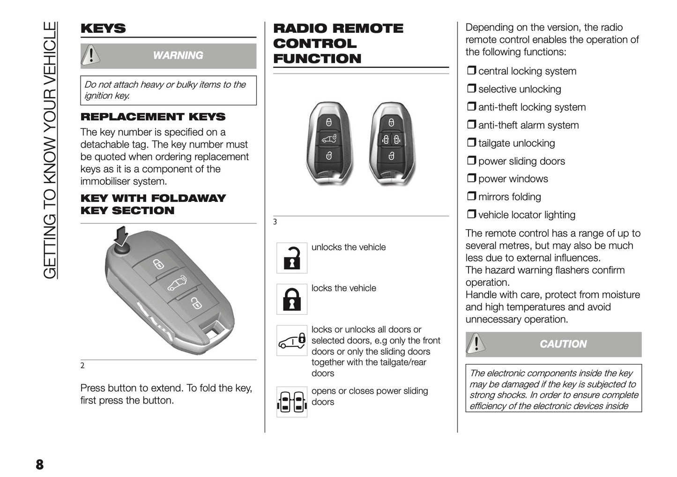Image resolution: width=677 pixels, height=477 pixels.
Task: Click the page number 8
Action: (x=39, y=464)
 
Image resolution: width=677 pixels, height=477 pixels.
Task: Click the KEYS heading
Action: (x=103, y=29)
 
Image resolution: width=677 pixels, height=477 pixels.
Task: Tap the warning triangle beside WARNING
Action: (x=90, y=55)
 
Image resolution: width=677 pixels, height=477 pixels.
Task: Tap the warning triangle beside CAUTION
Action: (x=476, y=343)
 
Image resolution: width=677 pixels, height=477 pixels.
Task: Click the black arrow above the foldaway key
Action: (x=121, y=236)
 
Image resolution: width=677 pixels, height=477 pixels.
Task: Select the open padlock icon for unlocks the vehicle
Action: (x=292, y=258)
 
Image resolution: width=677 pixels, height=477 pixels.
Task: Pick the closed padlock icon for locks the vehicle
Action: (x=292, y=299)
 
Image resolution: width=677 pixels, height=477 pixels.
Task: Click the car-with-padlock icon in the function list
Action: (x=292, y=341)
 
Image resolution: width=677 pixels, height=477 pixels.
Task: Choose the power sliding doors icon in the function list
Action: (x=292, y=402)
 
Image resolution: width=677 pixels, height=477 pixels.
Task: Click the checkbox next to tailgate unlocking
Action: (x=471, y=142)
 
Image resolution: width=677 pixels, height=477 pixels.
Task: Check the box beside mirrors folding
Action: (x=471, y=196)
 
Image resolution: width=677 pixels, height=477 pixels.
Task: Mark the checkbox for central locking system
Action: (x=471, y=71)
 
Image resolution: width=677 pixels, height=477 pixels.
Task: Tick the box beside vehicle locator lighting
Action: (x=471, y=214)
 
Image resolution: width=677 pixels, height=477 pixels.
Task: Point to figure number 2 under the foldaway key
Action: (x=82, y=366)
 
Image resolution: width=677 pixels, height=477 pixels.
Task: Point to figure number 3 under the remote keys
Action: (x=275, y=222)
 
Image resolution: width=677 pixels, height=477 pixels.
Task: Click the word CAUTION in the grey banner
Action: (x=563, y=344)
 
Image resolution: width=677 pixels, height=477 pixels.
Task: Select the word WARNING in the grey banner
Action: (x=178, y=56)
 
